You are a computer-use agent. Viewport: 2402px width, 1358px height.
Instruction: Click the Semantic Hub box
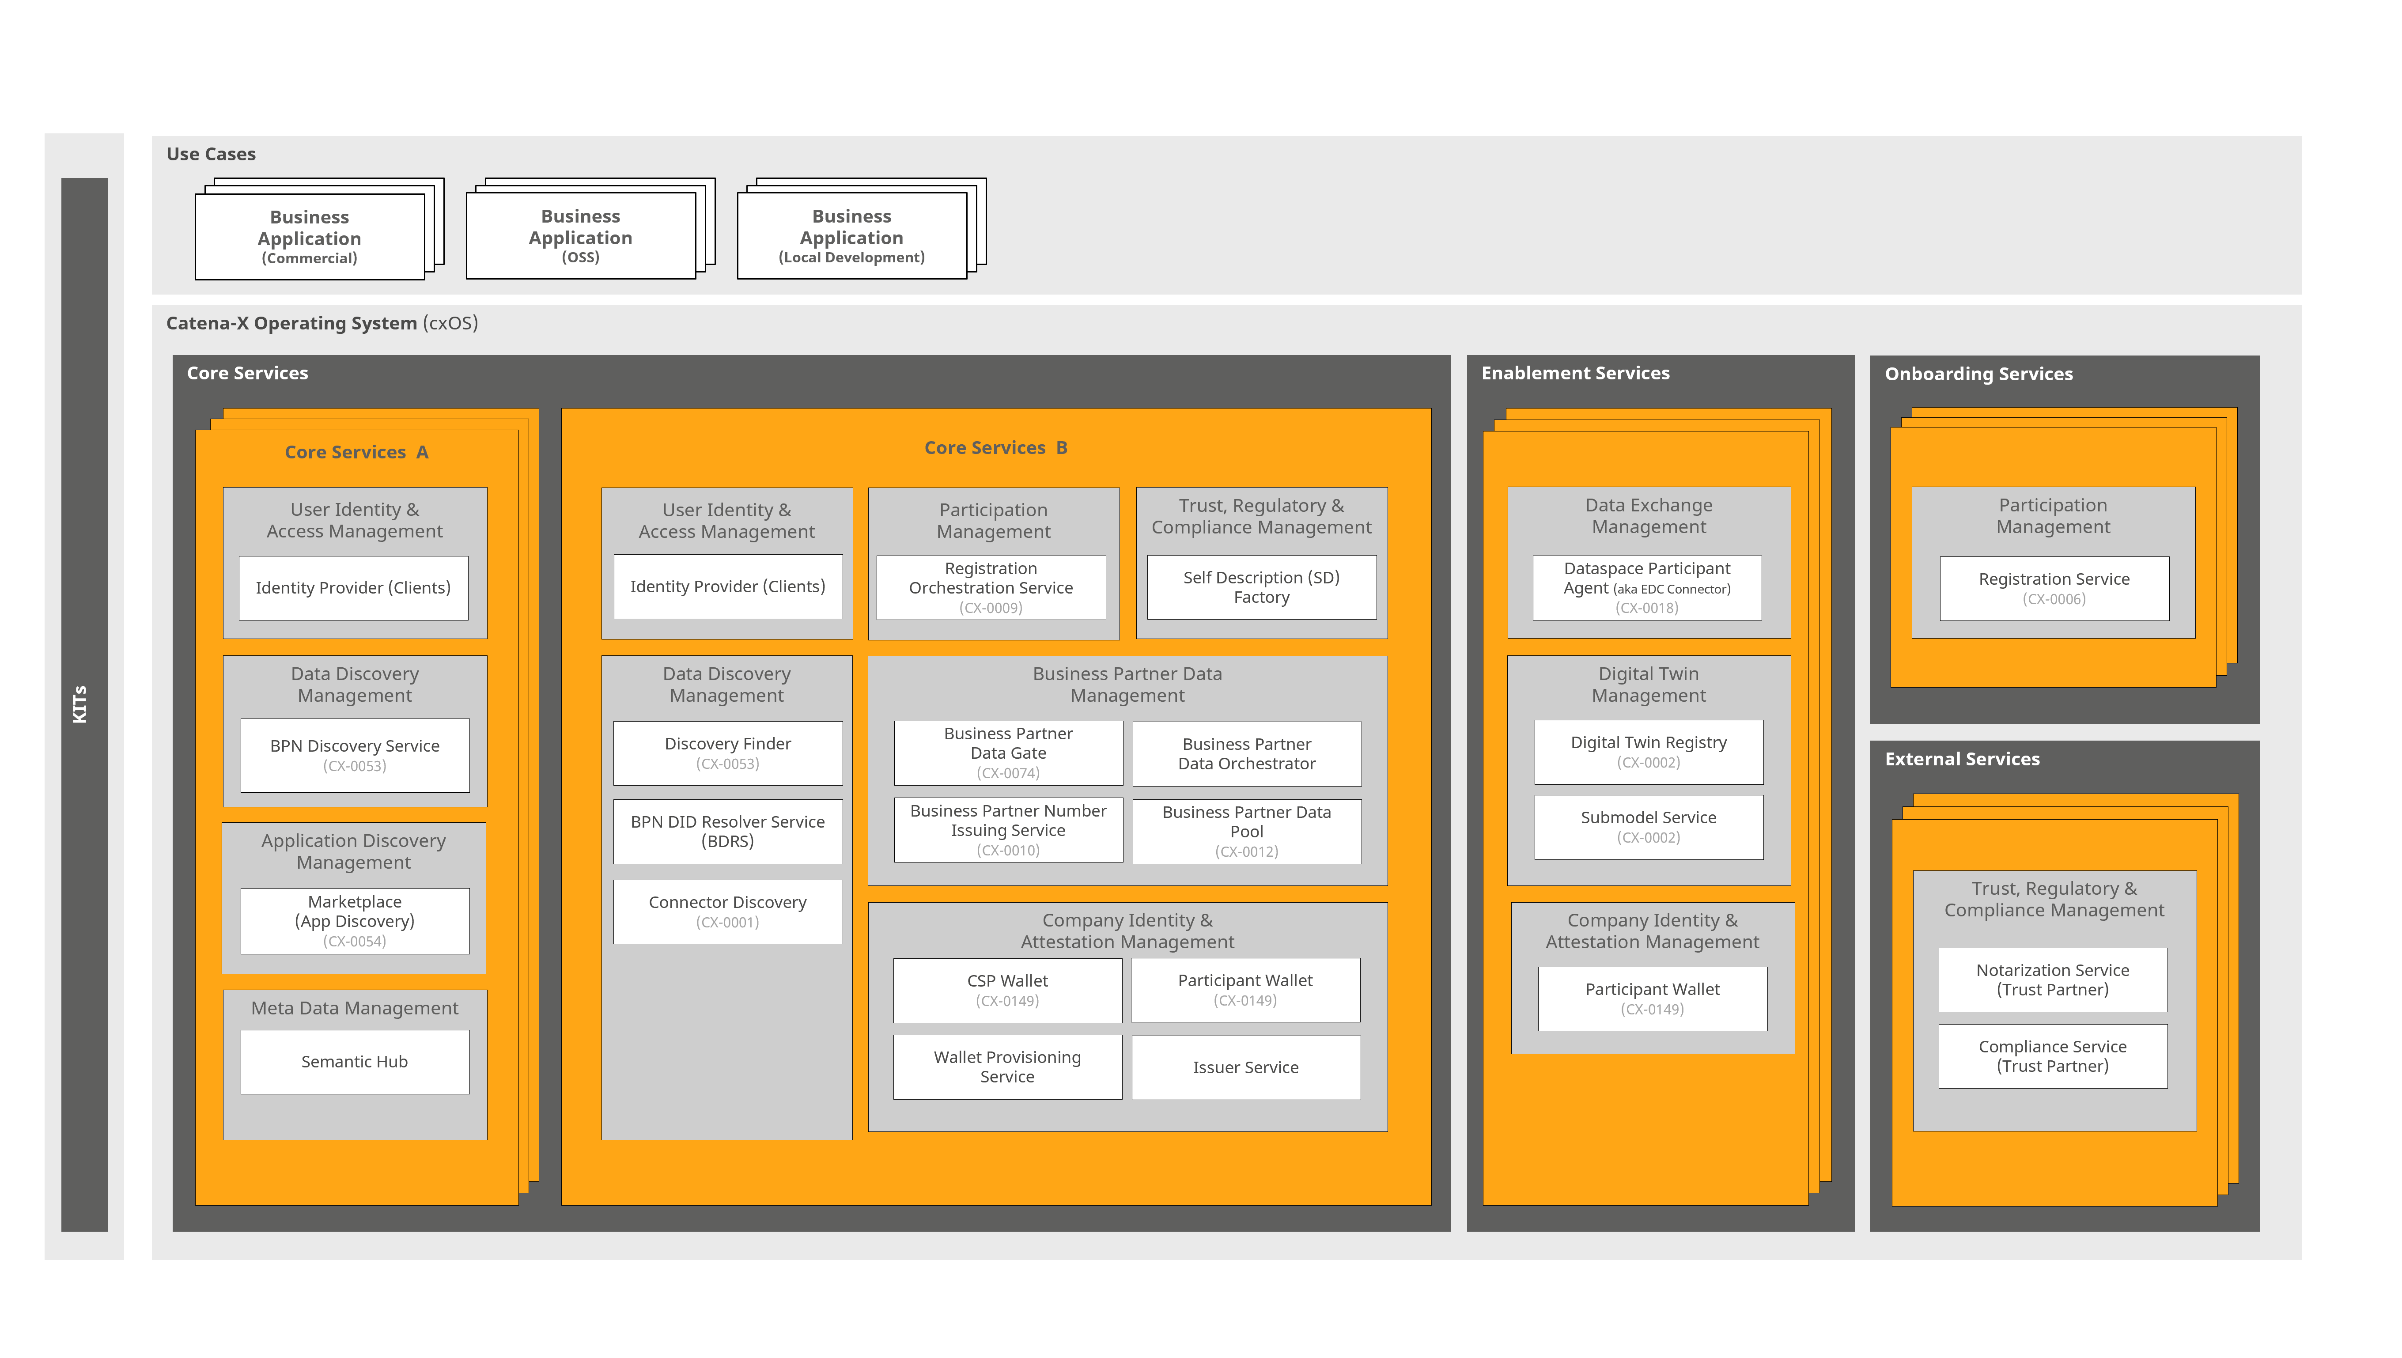(x=354, y=1061)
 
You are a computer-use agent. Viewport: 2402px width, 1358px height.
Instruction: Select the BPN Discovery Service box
(x=354, y=755)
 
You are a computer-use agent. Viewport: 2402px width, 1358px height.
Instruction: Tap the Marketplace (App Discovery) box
(x=354, y=920)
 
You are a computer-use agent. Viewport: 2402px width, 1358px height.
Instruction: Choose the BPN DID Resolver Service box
(x=727, y=831)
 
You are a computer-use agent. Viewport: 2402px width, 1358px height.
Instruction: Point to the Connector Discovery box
(x=727, y=911)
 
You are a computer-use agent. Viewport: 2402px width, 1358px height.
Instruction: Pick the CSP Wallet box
(x=1007, y=990)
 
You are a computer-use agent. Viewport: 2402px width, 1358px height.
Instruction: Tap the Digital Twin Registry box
(x=1648, y=752)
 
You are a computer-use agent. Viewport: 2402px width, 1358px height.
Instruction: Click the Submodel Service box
(x=1648, y=826)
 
